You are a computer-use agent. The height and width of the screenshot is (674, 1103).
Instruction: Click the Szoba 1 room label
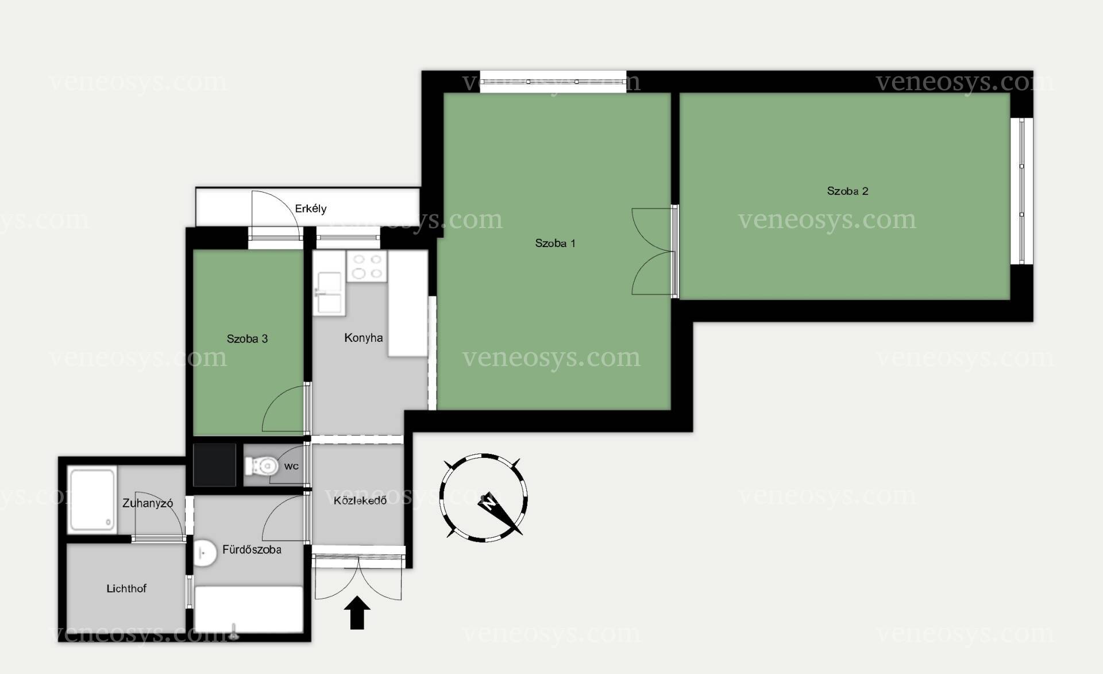[555, 243]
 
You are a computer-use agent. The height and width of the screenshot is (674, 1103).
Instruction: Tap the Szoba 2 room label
[847, 191]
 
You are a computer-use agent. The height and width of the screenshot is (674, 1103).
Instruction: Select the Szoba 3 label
[247, 338]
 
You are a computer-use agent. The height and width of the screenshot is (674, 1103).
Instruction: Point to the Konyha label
[363, 338]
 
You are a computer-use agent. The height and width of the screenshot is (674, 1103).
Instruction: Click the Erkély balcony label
[310, 209]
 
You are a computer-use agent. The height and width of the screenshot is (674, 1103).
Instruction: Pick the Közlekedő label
[360, 500]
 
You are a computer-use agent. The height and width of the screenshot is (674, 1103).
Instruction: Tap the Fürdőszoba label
[252, 549]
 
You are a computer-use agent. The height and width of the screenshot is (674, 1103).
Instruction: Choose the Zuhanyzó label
[148, 503]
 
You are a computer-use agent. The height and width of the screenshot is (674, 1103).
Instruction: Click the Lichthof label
[126, 588]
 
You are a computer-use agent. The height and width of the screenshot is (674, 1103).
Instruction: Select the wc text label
[291, 466]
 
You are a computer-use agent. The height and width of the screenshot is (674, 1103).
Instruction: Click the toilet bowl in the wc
[261, 465]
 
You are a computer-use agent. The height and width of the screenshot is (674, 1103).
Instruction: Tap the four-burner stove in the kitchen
[367, 267]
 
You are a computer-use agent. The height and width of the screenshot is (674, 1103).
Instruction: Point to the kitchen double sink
[329, 293]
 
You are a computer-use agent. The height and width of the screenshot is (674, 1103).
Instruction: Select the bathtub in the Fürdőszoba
[249, 610]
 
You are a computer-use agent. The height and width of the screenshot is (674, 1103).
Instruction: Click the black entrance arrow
[357, 613]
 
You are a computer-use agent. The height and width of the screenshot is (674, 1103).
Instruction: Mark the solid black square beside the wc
[214, 465]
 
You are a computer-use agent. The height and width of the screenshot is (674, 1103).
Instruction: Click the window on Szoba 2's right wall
[1021, 191]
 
